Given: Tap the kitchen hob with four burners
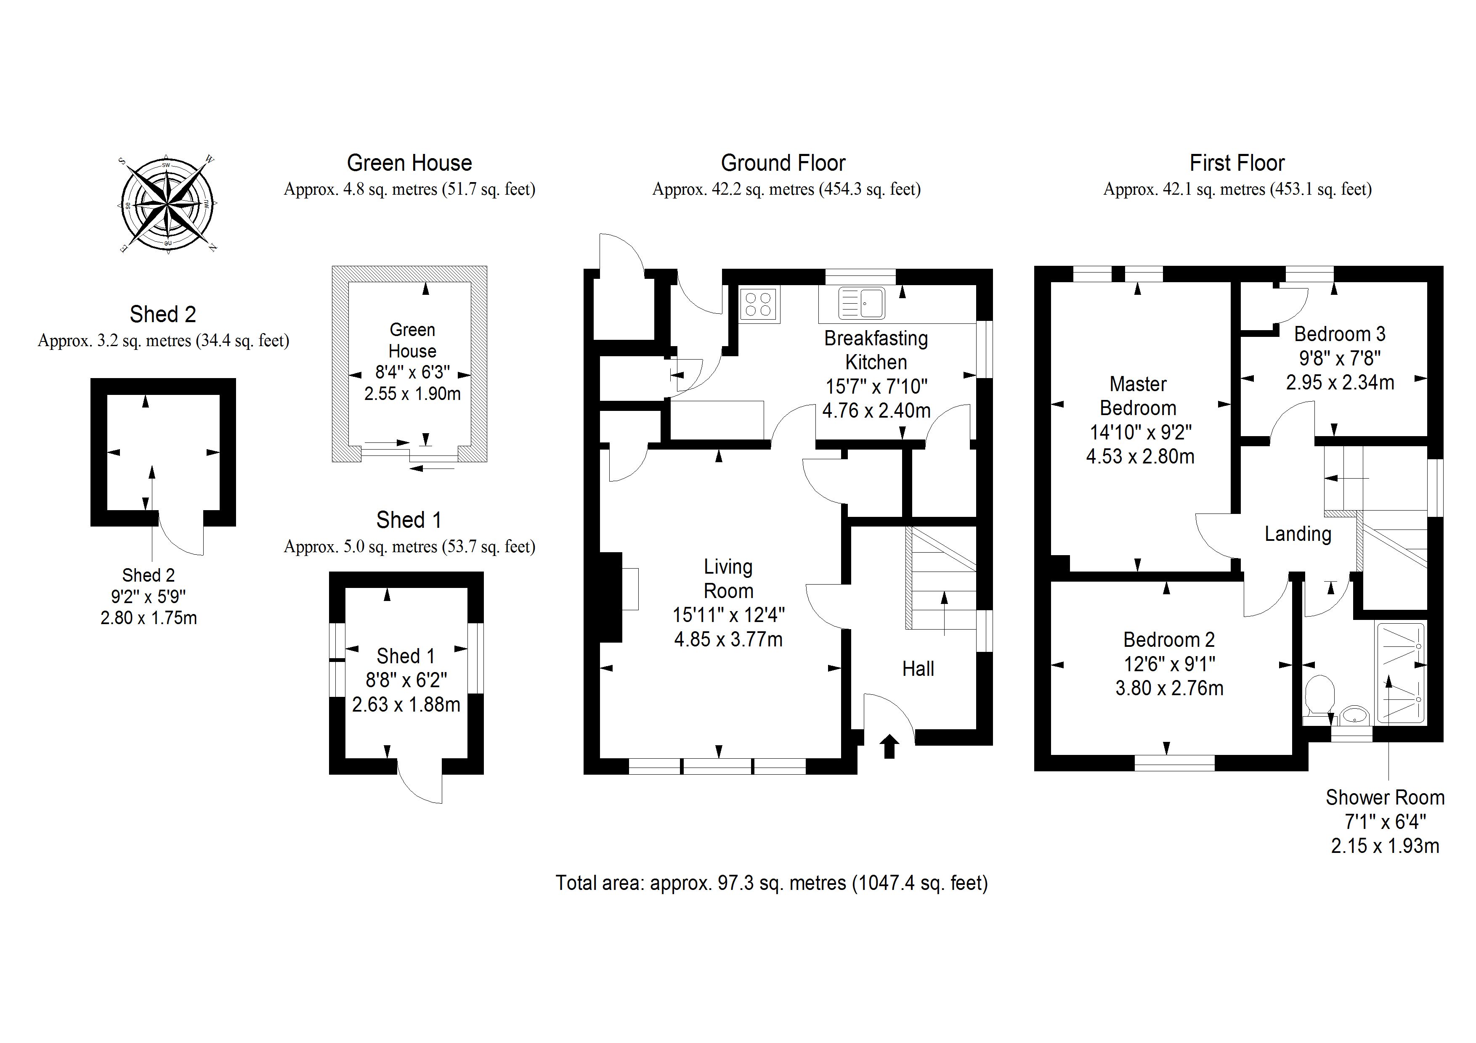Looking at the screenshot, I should [x=759, y=304].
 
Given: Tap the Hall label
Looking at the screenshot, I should [x=918, y=669].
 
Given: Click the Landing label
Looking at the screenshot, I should [x=1297, y=534].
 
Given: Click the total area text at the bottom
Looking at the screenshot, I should [x=771, y=883].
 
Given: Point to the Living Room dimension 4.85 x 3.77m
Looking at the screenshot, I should [x=728, y=639].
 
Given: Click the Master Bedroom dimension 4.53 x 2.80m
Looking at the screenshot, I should [x=1140, y=456].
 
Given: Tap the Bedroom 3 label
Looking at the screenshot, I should [x=1339, y=334].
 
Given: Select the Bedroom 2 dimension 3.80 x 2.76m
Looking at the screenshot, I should [x=1169, y=688].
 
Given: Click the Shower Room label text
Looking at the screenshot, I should [x=1385, y=797].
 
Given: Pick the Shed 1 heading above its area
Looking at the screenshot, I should [x=409, y=520].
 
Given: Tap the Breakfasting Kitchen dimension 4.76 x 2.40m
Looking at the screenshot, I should [x=876, y=410].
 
